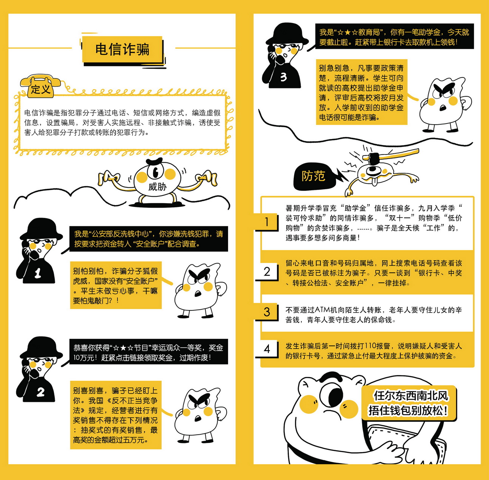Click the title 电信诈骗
[x=122, y=49]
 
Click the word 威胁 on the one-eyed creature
[x=157, y=187]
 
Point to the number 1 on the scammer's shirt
[x=38, y=273]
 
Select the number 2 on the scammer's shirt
[x=40, y=392]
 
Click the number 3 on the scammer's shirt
[x=284, y=77]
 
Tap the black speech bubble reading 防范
[x=315, y=176]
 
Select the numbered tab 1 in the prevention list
[x=267, y=222]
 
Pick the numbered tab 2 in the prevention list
[x=267, y=272]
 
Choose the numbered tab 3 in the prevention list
[x=267, y=312]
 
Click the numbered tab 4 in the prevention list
[x=267, y=349]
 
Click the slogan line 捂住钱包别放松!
[x=408, y=411]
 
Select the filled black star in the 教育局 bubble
[x=348, y=32]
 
